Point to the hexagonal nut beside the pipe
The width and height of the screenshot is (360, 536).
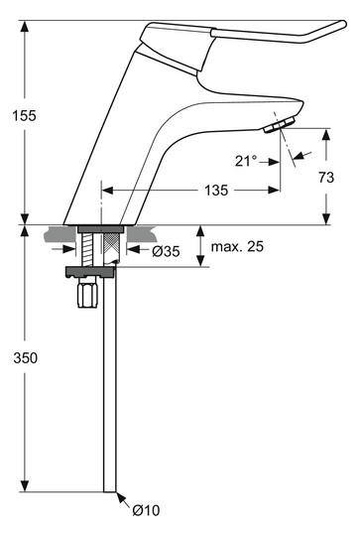(x=85, y=297)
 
